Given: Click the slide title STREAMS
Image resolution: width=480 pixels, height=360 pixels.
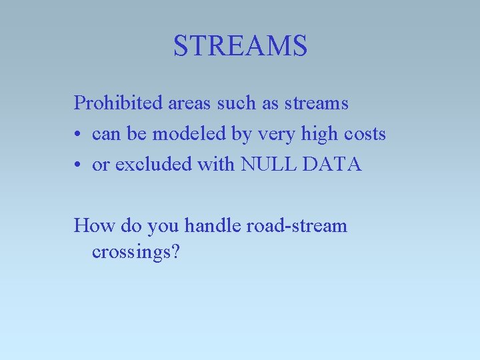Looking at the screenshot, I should pyautogui.click(x=240, y=46).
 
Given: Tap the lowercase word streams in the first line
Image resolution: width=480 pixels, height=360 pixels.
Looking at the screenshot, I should pyautogui.click(x=317, y=103).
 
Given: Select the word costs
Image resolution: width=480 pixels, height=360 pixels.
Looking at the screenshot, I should pyautogui.click(x=365, y=135).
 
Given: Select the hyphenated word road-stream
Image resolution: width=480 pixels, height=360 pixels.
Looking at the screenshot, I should pyautogui.click(x=297, y=226).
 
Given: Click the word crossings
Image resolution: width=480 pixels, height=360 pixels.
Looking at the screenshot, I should pyautogui.click(x=131, y=253).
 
